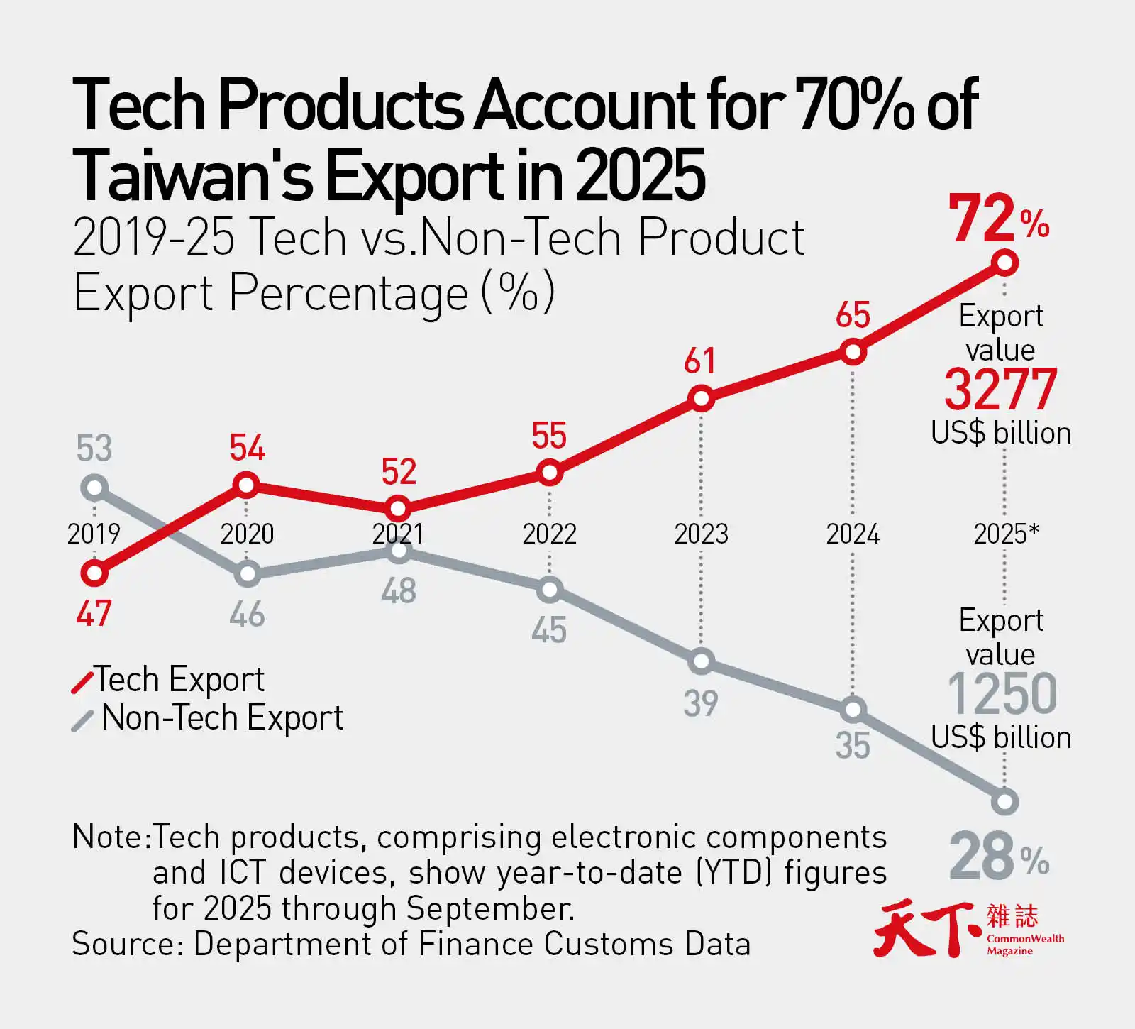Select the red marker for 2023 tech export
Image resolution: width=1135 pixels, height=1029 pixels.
[x=701, y=399]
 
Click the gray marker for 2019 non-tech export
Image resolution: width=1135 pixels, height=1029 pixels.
[x=94, y=488]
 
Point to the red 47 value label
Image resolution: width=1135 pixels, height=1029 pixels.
[x=94, y=614]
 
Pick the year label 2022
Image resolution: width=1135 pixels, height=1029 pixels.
[x=549, y=534]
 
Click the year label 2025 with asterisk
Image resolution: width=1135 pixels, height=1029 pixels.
[x=1005, y=534]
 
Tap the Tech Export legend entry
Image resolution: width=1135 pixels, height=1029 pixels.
[x=170, y=680]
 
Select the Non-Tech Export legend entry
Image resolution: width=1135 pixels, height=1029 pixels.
[x=209, y=718]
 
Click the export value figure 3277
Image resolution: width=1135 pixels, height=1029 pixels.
[x=1000, y=390]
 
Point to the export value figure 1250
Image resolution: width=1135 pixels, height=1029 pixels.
[x=1002, y=694]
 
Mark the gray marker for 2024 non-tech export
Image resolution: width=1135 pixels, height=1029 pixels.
[x=853, y=709]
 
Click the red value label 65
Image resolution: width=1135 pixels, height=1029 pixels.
[x=853, y=315]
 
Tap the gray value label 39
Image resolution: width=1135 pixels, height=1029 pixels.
[x=701, y=704]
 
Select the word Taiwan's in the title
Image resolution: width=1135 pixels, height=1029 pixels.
[x=192, y=175]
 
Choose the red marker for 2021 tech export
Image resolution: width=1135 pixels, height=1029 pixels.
[x=398, y=509]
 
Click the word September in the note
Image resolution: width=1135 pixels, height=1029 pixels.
[x=489, y=909]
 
